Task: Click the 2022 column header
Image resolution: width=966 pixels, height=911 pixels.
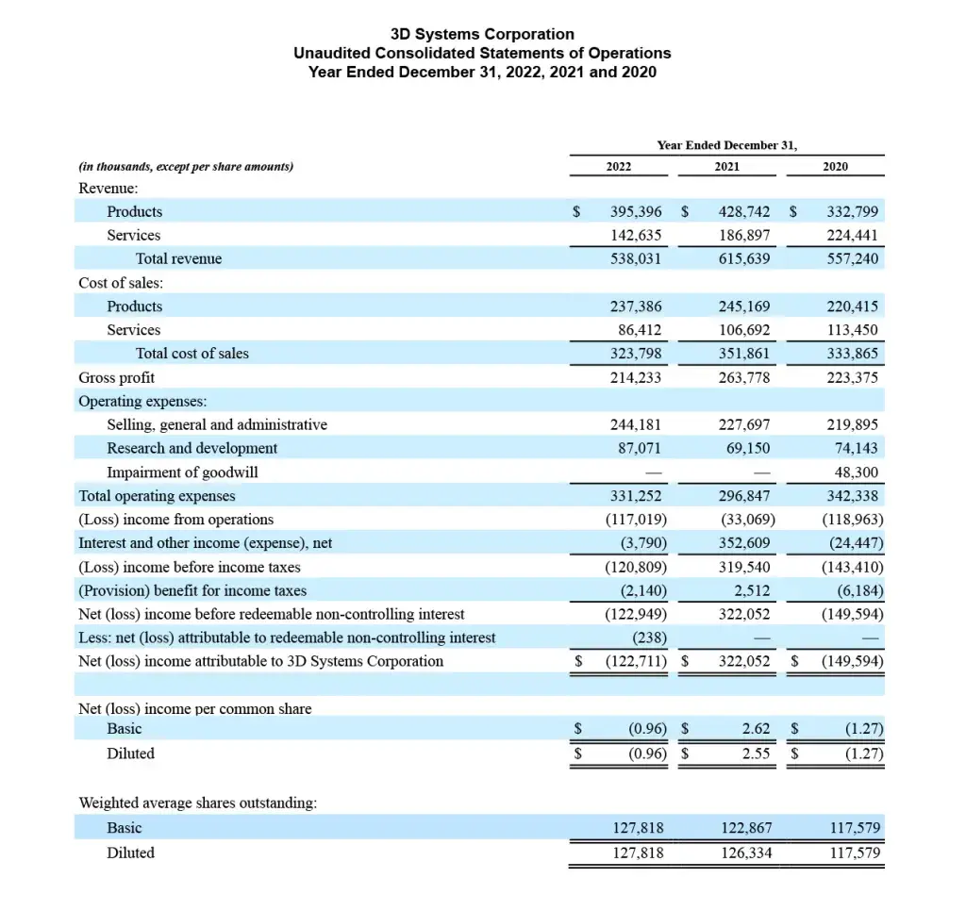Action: click(618, 167)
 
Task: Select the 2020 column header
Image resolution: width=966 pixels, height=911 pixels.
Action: click(835, 167)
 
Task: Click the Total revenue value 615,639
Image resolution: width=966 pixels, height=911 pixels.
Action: click(743, 259)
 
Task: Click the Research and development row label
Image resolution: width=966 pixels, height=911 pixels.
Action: click(192, 449)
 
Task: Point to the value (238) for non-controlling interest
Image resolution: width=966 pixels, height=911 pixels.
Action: click(649, 638)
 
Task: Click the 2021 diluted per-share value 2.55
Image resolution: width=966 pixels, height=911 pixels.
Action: click(754, 754)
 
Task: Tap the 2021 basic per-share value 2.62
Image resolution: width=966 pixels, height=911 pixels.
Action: click(755, 729)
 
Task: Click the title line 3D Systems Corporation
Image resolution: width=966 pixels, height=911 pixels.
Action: click(482, 35)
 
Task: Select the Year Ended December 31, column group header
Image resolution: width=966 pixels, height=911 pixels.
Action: click(726, 145)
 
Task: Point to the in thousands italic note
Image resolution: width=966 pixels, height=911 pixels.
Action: click(186, 167)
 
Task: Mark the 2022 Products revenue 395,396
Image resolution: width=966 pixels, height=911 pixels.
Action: click(635, 212)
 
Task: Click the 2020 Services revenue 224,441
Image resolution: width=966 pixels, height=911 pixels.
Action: click(852, 236)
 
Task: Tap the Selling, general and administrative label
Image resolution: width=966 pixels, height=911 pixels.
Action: click(217, 425)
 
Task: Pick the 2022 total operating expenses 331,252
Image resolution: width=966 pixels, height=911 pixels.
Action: click(636, 496)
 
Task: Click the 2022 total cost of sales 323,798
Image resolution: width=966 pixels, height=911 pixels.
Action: click(636, 354)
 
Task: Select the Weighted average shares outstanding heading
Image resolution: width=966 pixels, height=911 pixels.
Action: click(197, 803)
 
